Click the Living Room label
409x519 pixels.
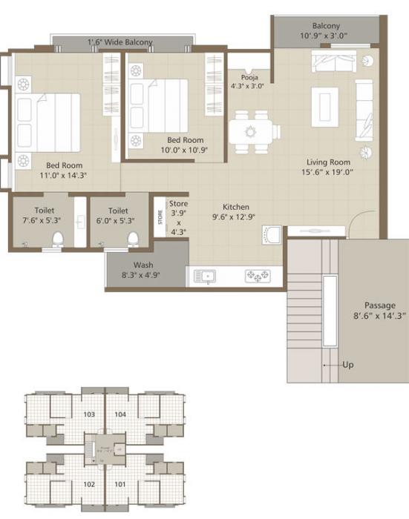(x=328, y=162)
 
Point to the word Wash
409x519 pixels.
(x=143, y=265)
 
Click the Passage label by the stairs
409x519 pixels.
(x=379, y=305)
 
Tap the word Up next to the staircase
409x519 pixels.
(x=347, y=365)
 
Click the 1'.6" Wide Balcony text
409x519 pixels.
(x=120, y=42)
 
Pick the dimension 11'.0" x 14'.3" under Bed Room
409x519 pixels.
(x=65, y=176)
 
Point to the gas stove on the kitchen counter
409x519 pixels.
(x=258, y=276)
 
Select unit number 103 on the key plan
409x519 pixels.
(x=89, y=414)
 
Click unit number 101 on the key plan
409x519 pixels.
(x=121, y=484)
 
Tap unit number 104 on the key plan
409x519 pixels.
(x=121, y=414)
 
